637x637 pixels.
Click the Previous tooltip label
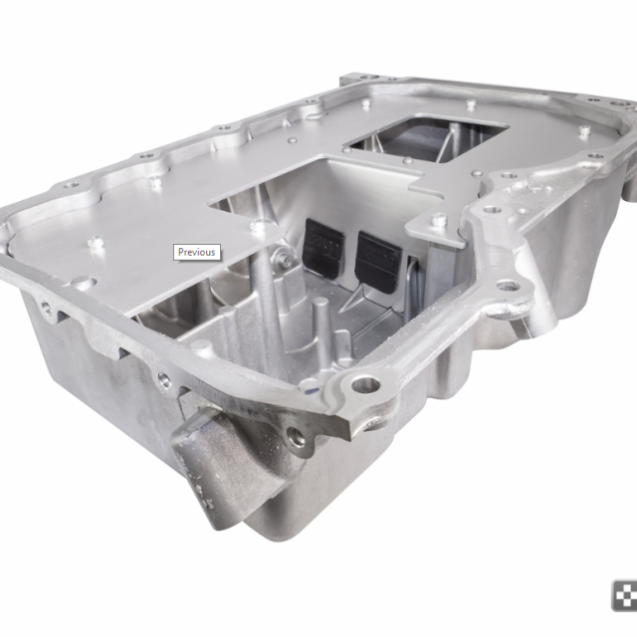tap(196, 252)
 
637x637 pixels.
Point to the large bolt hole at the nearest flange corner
tap(365, 384)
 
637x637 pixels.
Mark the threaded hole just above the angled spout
tap(295, 434)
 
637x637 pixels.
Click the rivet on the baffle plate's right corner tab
tap(439, 220)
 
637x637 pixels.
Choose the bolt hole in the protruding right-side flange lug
tap(508, 286)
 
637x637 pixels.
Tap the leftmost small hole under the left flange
tap(46, 308)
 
